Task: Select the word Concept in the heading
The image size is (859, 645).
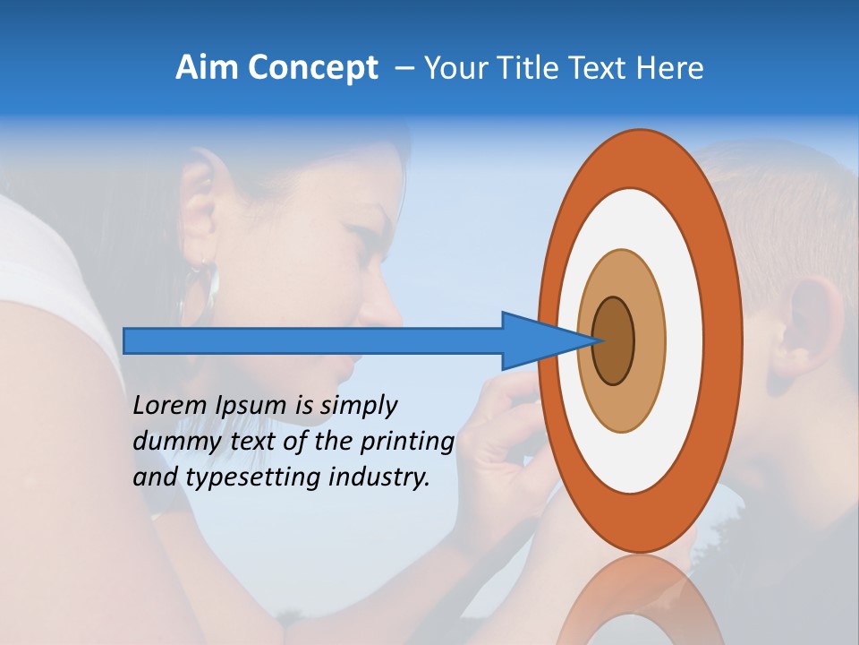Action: click(311, 68)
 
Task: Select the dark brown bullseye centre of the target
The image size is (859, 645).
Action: click(613, 341)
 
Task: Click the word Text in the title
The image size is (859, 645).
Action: click(601, 68)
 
